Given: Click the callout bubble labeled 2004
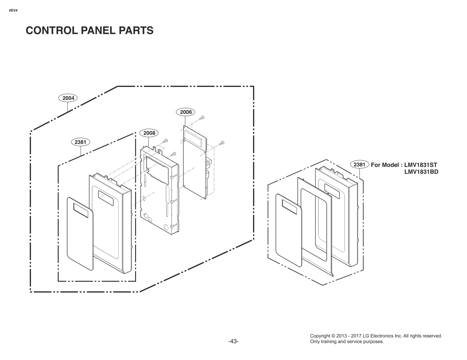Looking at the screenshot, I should coord(68,98).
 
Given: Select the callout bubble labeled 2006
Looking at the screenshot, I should coord(186,112).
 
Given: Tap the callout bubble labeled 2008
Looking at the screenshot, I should coord(149,133).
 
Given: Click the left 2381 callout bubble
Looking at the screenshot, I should coord(80,142).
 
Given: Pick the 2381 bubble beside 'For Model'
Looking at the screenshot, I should coord(359,165).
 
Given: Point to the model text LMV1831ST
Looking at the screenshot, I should coord(421,165).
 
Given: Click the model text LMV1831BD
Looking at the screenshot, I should coord(421,172).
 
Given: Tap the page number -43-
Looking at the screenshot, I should coord(233,341).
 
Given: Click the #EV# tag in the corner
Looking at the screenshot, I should coord(13,11).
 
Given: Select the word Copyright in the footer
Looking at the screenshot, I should coord(320,336).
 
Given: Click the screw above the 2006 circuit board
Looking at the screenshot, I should coord(202,118).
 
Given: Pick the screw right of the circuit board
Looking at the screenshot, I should coord(222,143).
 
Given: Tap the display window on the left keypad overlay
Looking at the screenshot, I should coord(81,210).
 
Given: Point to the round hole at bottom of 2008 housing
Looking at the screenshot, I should coord(166,227).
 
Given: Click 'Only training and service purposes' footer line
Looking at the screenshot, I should coord(347,342).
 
